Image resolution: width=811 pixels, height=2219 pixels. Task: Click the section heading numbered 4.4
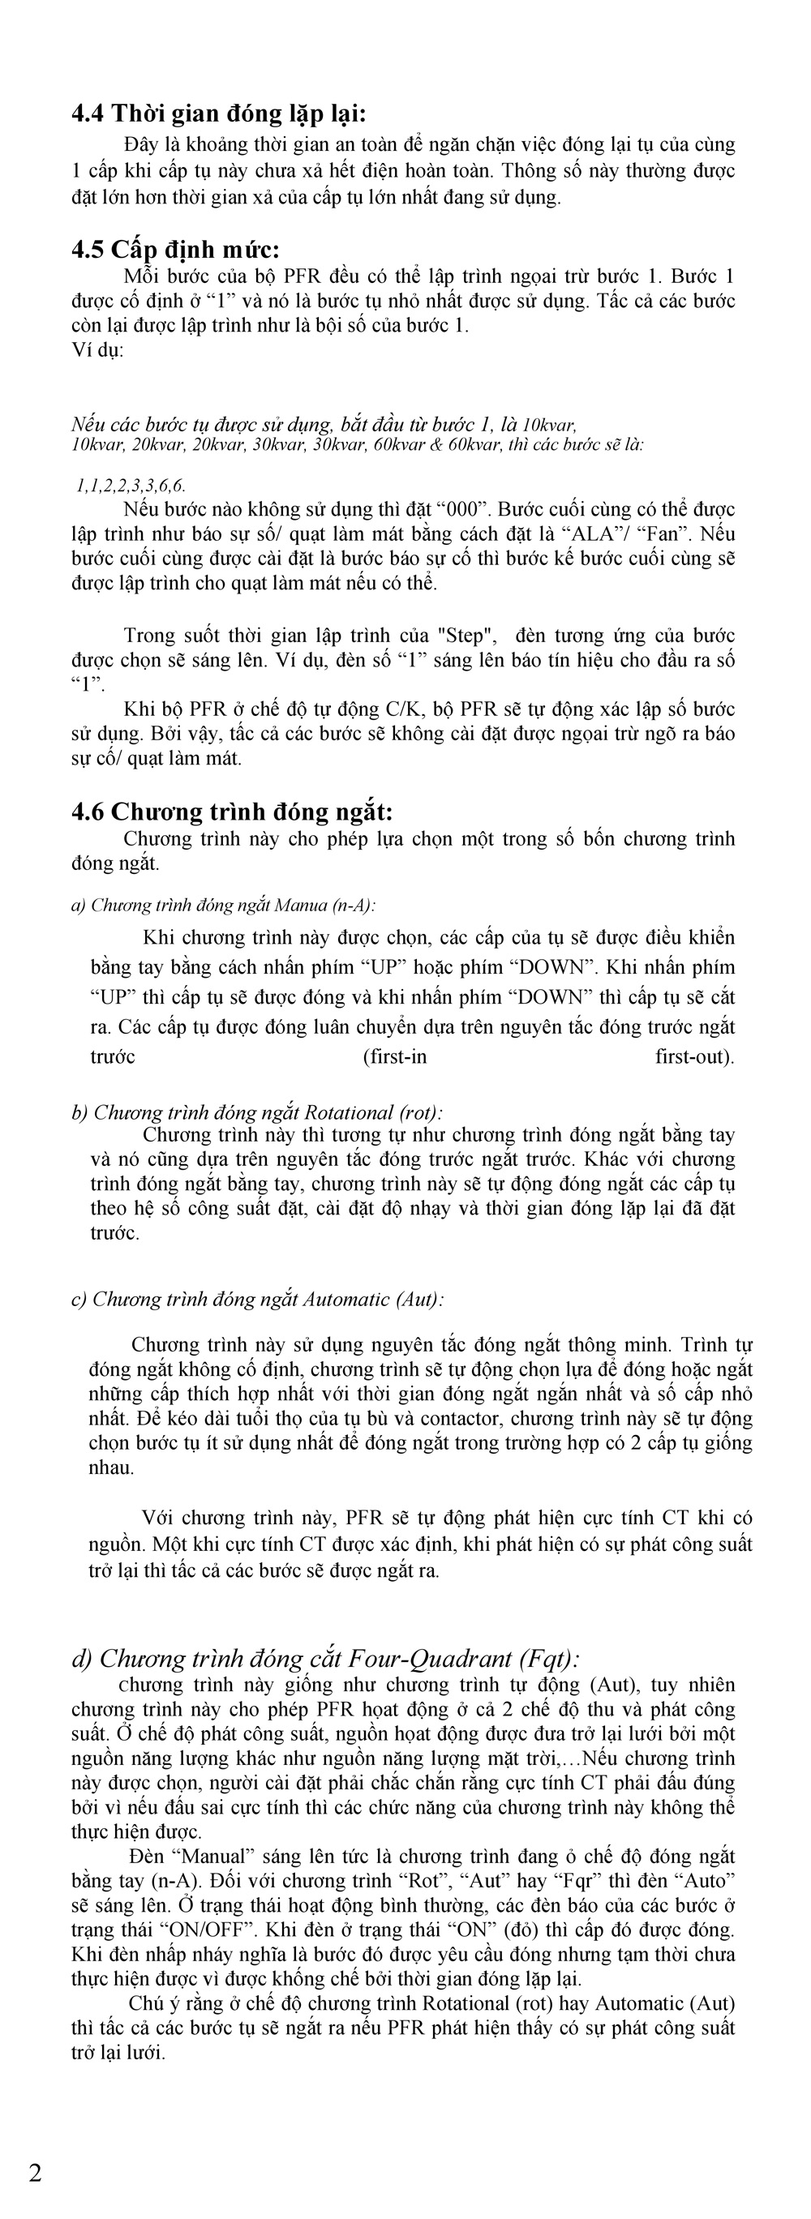click(218, 114)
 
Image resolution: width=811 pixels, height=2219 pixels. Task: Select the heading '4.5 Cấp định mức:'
click(175, 250)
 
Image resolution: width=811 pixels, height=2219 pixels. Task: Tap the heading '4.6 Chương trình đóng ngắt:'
click(232, 812)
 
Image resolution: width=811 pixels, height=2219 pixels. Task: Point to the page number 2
click(36, 2173)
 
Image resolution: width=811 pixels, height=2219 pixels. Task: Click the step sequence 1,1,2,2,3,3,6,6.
click(131, 486)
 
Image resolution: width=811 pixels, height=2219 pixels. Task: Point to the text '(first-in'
click(395, 1057)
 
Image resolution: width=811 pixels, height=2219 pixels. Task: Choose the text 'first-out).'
click(695, 1057)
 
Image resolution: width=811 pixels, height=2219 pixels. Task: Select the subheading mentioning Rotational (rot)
click(257, 1112)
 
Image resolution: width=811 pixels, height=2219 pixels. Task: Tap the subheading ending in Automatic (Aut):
click(257, 1299)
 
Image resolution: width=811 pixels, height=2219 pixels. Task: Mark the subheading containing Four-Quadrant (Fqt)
click(325, 1658)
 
